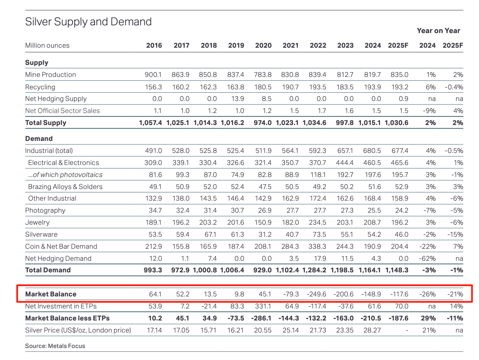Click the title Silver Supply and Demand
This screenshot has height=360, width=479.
[x=88, y=21]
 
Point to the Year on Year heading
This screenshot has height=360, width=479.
[x=438, y=31]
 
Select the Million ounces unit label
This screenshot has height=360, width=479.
[x=47, y=45]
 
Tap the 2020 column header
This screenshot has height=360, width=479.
[x=263, y=45]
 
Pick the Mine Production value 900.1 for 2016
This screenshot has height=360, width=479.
[x=154, y=74]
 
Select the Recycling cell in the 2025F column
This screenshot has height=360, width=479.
[x=400, y=87]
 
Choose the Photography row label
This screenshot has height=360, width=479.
[x=45, y=211]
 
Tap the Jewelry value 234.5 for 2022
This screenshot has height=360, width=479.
[x=318, y=223]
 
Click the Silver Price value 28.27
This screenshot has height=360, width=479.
[x=372, y=330]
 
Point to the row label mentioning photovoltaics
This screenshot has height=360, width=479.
[x=65, y=174]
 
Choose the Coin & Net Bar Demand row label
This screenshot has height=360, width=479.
[x=61, y=247]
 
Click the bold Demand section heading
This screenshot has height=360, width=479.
[x=39, y=139]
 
